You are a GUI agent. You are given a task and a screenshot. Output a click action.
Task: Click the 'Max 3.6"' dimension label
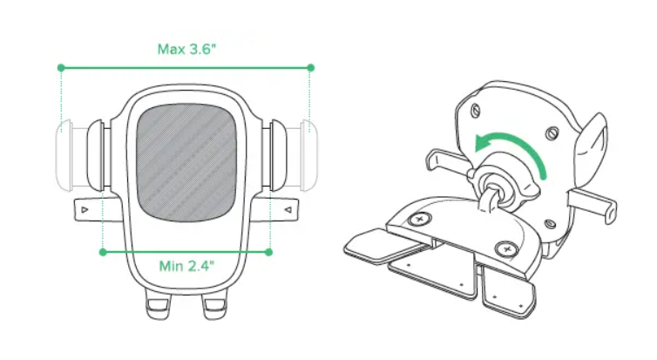pyautogui.click(x=186, y=49)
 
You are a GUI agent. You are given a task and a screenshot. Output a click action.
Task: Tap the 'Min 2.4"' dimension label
pyautogui.click(x=186, y=266)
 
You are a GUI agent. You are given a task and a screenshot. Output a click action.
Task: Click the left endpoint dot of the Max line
pyautogui.click(x=61, y=67)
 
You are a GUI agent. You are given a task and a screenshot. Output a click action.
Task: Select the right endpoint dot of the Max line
pyautogui.click(x=310, y=67)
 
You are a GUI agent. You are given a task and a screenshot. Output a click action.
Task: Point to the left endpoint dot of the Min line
pyautogui.click(x=103, y=252)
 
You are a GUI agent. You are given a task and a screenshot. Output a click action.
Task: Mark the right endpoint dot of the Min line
pyautogui.click(x=269, y=252)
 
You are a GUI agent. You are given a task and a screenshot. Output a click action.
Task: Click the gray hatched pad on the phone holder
pyautogui.click(x=186, y=163)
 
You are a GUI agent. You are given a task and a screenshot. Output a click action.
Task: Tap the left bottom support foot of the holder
pyautogui.click(x=158, y=304)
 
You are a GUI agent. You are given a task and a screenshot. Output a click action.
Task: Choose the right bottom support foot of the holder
pyautogui.click(x=214, y=304)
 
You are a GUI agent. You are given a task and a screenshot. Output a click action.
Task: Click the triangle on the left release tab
pyautogui.click(x=85, y=209)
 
